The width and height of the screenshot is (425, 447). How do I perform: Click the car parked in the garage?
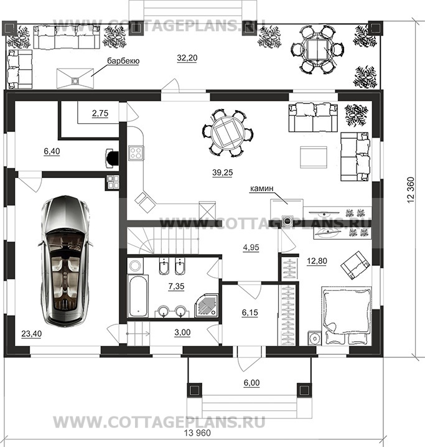click(x=65, y=261)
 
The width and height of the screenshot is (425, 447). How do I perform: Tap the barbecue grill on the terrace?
click(x=75, y=78)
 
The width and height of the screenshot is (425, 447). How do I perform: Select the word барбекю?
click(x=123, y=61)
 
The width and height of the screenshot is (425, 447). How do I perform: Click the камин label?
click(x=261, y=189)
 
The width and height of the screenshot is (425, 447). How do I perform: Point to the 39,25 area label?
click(x=223, y=172)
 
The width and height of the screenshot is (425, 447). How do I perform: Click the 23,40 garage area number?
click(x=31, y=333)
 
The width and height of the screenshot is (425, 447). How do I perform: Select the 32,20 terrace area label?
click(x=187, y=58)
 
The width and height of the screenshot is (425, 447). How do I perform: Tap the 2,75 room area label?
click(x=100, y=113)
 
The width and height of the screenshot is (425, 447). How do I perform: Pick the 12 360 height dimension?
click(x=411, y=190)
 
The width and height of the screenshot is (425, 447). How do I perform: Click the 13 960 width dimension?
click(x=197, y=433)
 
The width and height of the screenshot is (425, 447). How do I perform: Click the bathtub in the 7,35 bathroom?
click(x=138, y=296)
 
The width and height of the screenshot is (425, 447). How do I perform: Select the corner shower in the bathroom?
click(x=207, y=306)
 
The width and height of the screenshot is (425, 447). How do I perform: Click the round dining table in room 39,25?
click(x=228, y=133)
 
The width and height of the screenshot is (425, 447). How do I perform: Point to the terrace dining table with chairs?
click(x=317, y=50)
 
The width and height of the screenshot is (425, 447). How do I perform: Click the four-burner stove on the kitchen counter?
click(x=136, y=153)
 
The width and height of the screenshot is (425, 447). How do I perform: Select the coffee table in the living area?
click(x=314, y=158)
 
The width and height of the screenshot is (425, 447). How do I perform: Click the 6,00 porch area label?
click(x=251, y=383)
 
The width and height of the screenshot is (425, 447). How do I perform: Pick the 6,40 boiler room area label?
click(x=52, y=151)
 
